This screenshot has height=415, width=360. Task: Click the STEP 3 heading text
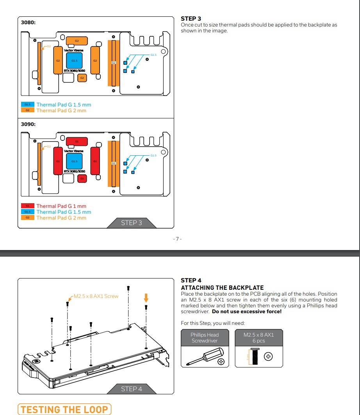click(x=191, y=19)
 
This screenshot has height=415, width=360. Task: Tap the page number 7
click(x=177, y=239)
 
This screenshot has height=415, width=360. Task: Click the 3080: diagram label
click(x=28, y=23)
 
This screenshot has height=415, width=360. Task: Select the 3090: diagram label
click(x=28, y=124)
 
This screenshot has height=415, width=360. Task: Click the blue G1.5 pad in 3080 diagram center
click(x=74, y=61)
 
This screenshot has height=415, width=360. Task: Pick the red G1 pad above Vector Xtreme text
click(x=77, y=141)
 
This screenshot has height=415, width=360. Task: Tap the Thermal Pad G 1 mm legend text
click(x=61, y=206)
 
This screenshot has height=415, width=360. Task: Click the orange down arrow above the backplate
click(x=146, y=298)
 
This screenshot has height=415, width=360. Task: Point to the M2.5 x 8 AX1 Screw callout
click(x=96, y=296)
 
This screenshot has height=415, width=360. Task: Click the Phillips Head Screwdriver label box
click(x=205, y=337)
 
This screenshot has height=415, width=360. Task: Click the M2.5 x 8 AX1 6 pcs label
click(x=258, y=337)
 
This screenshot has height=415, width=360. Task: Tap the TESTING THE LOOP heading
click(x=64, y=410)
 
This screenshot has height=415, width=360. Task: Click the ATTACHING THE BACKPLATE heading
click(x=222, y=288)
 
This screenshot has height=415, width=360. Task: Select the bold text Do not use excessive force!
click(x=246, y=312)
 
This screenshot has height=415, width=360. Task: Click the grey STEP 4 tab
click(x=132, y=389)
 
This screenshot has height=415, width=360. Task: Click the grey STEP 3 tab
click(x=132, y=223)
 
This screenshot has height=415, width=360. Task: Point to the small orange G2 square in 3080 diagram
click(x=82, y=78)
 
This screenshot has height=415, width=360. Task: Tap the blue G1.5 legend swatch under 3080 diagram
click(x=28, y=105)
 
